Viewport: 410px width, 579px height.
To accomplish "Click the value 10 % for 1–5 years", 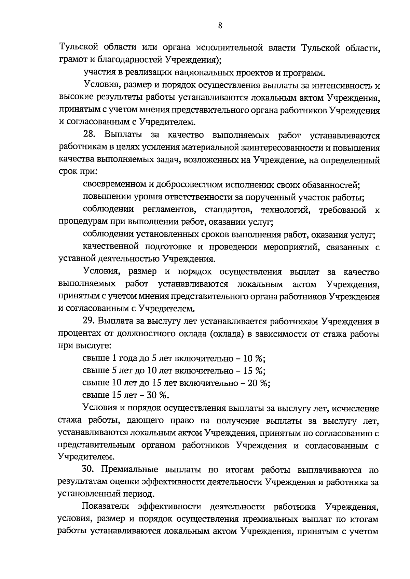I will click(x=254, y=358).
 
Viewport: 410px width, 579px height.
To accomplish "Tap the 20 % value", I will click(x=258, y=383).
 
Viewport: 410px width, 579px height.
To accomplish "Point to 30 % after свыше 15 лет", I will click(x=158, y=395).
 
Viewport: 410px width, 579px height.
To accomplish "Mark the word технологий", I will click(x=286, y=210).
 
